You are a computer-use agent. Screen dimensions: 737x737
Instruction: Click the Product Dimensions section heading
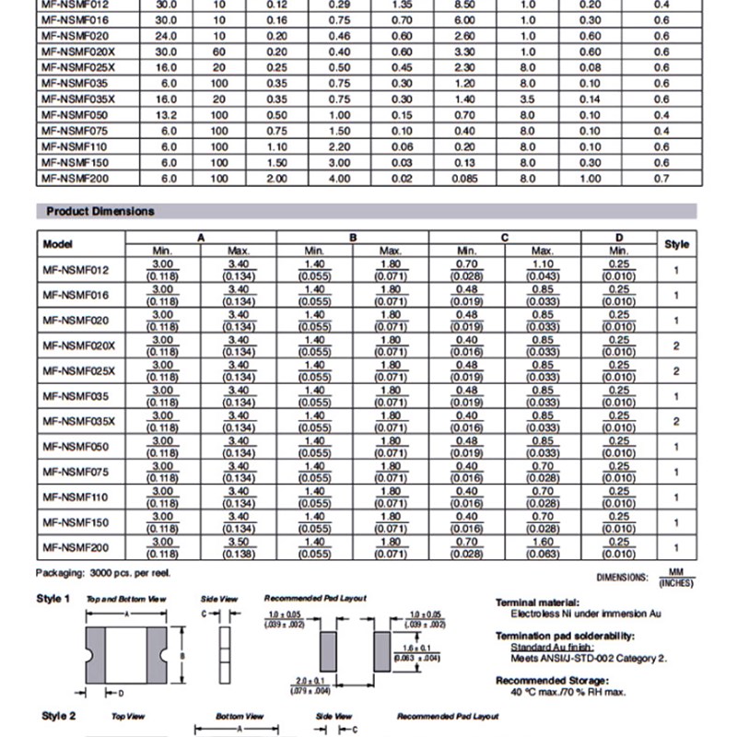click(100, 211)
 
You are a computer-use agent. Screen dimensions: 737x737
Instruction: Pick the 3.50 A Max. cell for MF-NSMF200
click(239, 546)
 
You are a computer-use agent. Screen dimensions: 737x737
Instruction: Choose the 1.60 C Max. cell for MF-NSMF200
click(543, 546)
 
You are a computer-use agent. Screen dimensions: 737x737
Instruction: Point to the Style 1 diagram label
click(53, 599)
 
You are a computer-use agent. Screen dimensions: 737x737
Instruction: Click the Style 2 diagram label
click(53, 716)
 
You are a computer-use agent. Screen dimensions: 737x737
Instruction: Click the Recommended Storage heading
click(544, 680)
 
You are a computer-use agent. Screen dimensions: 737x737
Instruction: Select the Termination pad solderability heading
click(564, 636)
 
